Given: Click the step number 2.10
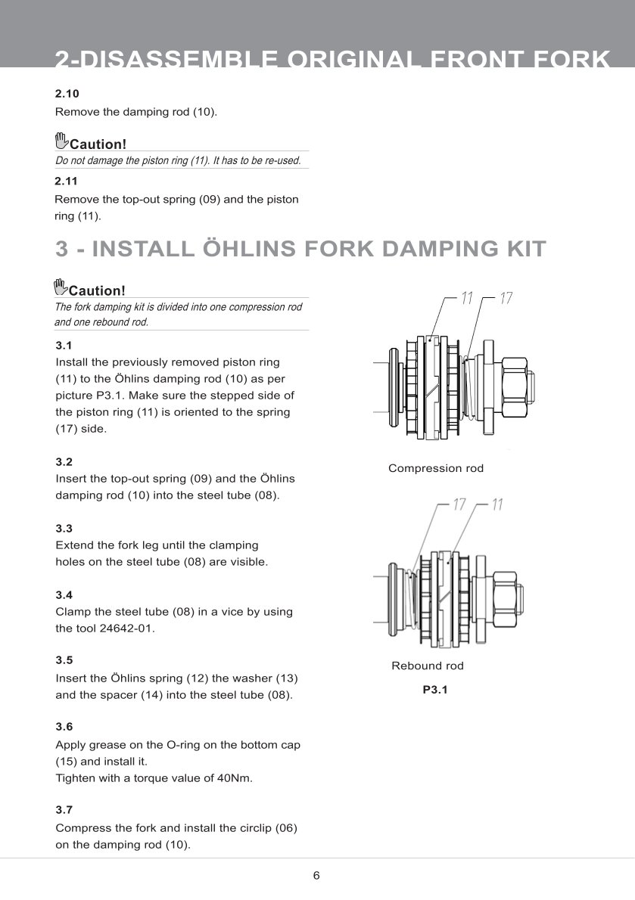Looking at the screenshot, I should tap(67, 94).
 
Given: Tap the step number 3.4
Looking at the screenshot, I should tap(64, 595).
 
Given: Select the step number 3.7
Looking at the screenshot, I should tap(64, 809).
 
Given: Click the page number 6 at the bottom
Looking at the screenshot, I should tap(316, 876).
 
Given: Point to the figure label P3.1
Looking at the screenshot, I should tap(435, 690).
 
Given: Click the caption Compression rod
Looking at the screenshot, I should tap(435, 468).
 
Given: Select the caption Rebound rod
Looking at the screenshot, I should tap(428, 666).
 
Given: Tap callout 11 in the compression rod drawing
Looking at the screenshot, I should tap(467, 299).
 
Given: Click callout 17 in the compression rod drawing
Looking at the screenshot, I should tap(506, 299).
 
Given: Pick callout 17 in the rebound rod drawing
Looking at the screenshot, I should tap(459, 504).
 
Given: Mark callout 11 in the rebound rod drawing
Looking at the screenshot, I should tap(496, 504).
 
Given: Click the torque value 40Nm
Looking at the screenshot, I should tap(234, 778).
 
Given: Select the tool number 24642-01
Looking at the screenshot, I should tap(127, 628).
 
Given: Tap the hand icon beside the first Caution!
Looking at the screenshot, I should tap(61, 141).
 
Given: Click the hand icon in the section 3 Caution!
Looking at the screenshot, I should tap(61, 287).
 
